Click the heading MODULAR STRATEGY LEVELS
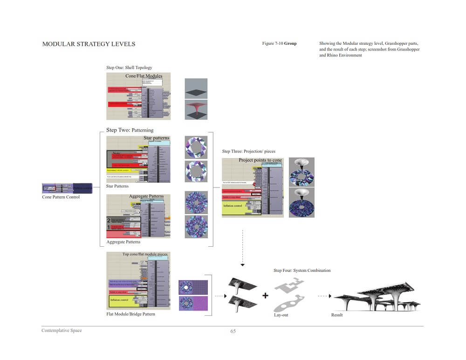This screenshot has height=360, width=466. (89, 44)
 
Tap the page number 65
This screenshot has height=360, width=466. (233, 332)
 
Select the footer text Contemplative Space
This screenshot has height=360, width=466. (62, 331)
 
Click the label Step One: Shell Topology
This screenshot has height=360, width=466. (129, 68)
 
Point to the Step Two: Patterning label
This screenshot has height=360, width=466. (130, 130)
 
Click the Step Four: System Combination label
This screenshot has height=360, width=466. (302, 270)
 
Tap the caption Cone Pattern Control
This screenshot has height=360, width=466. (61, 197)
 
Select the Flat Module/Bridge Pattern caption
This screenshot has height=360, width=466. (130, 314)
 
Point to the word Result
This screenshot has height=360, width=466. (337, 315)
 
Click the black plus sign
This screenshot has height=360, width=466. (265, 295)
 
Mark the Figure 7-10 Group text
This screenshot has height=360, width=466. (279, 43)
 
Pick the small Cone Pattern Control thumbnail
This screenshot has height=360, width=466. (67, 188)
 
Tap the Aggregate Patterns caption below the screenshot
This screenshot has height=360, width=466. (123, 242)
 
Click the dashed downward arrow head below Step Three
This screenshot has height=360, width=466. (242, 265)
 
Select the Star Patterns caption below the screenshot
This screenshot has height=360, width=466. (117, 186)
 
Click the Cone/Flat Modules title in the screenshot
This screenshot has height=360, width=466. (144, 76)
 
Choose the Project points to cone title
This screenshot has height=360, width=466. (260, 160)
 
